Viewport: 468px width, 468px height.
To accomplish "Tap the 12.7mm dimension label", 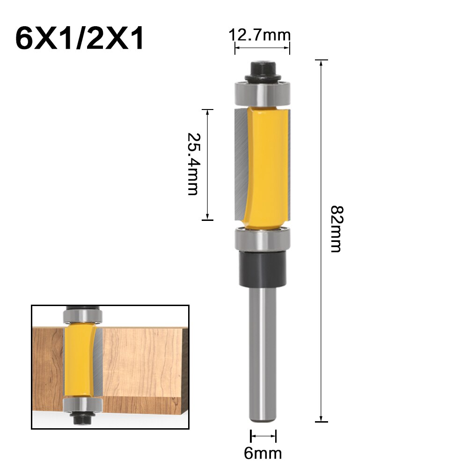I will click(x=260, y=35).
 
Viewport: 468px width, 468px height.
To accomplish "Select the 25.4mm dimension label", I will click(x=193, y=164).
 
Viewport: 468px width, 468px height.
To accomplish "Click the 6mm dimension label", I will click(x=263, y=453).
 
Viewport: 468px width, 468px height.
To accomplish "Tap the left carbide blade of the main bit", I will click(x=239, y=164).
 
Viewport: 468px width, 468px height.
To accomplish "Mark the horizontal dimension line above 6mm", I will click(x=263, y=436).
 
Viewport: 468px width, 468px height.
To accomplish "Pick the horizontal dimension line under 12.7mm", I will click(x=263, y=48).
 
